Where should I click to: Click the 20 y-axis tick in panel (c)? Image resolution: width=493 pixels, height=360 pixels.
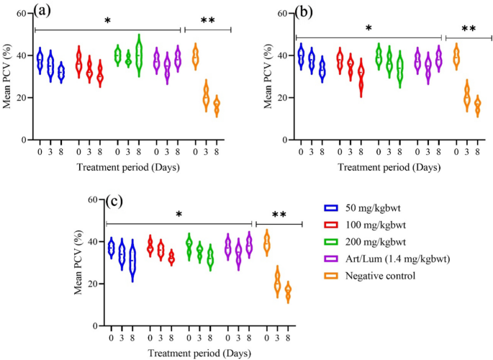(x=96, y=284)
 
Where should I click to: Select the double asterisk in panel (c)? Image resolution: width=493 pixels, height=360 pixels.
(x=278, y=216)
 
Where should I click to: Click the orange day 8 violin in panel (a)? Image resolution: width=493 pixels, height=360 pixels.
(x=217, y=106)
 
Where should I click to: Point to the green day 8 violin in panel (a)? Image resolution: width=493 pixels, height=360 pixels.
(x=139, y=55)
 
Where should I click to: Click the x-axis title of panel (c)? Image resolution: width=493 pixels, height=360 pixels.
(x=179, y=354)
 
